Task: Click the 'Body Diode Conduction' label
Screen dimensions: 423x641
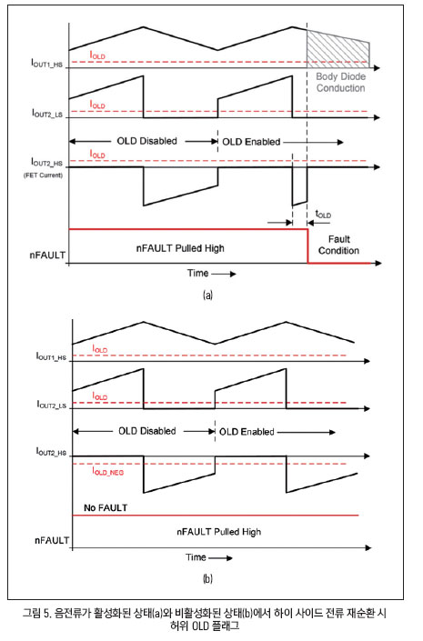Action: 341,82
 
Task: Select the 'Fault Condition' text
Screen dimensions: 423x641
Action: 338,245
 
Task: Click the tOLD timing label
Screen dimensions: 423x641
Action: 323,214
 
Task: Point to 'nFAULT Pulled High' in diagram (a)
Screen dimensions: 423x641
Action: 180,248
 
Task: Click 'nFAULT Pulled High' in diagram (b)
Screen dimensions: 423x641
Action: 219,532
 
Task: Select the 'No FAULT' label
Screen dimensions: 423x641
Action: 106,507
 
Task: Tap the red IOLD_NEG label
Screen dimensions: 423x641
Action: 108,472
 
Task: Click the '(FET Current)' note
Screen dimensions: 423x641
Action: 43,175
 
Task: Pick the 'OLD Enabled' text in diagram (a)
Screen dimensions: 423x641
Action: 251,142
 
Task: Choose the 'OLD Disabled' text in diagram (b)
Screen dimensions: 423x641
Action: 147,431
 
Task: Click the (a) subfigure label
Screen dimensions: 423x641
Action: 207,295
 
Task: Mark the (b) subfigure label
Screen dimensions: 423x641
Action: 207,578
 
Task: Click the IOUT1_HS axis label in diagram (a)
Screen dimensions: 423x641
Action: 47,63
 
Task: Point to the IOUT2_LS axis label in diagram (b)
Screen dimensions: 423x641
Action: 52,405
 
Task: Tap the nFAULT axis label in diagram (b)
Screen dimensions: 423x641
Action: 52,540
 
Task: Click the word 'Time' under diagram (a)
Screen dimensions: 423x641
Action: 198,273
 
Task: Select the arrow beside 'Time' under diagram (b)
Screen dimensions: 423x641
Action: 221,558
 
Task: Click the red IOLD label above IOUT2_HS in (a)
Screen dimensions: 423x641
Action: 97,155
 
